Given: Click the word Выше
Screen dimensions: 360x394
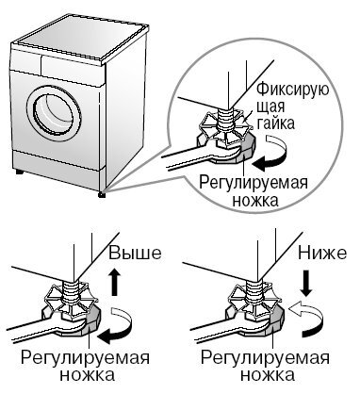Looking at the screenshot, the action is pos(135,254).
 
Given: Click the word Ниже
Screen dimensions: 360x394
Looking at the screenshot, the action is pos(322,254).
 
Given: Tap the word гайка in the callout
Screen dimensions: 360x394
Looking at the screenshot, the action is pos(276,123).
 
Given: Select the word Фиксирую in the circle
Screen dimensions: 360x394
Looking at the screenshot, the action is pos(293,90).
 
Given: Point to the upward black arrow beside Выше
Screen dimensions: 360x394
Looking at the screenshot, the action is pos(116,282).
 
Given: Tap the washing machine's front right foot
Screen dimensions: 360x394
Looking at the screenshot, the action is pos(102,194).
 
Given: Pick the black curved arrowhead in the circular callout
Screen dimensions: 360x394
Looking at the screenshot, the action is pos(261,163).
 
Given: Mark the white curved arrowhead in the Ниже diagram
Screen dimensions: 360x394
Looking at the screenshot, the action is pos(295,309).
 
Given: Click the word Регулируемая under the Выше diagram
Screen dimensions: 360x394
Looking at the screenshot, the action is pos(85,359).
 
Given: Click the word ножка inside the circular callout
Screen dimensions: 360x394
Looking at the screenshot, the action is pos(255,200).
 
